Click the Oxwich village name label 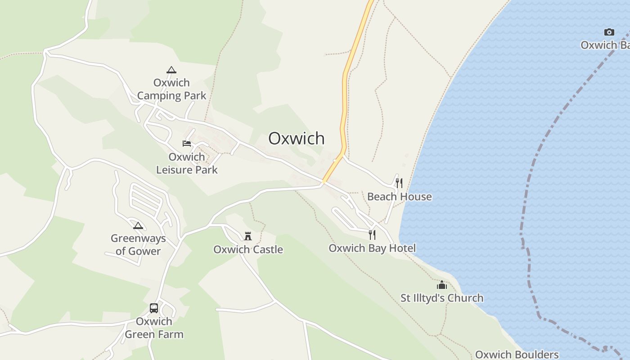coord(296,138)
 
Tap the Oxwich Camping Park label coord(171,89)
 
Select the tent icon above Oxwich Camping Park coord(171,70)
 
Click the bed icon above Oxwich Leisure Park coord(187,144)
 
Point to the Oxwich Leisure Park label coord(187,163)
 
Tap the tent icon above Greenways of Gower coord(138,225)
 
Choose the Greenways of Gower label coord(138,245)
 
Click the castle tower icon coord(248,236)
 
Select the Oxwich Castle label coord(248,249)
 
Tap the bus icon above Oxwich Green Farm coord(154,308)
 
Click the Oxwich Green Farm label coord(154,328)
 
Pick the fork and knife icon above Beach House coord(399,183)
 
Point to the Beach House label coord(399,197)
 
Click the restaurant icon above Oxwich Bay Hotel coord(372,234)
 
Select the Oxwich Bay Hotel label coord(372,248)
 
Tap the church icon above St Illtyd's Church coord(442,285)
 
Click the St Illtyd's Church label coord(442,298)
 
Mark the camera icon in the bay coord(609,32)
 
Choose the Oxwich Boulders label coord(517,355)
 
